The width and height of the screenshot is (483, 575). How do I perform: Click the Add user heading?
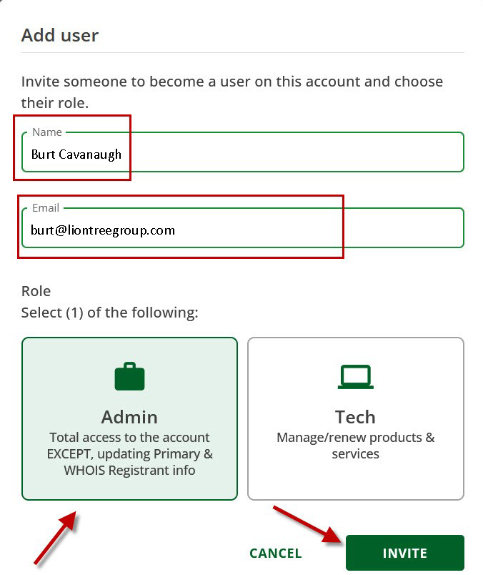(60, 35)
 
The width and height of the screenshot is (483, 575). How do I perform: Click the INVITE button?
(404, 553)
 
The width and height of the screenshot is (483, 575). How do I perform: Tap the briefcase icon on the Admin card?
(129, 376)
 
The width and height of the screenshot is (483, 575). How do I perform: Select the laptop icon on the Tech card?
(355, 376)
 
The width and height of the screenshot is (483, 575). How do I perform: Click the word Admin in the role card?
(129, 417)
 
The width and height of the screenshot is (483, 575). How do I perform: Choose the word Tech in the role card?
(355, 417)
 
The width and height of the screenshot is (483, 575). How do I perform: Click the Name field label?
(47, 132)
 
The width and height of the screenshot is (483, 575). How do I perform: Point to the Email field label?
(46, 208)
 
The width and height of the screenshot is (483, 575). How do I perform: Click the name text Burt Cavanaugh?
(76, 154)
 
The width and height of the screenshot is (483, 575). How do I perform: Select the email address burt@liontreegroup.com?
(103, 230)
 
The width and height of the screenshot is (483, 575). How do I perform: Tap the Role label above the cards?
(36, 291)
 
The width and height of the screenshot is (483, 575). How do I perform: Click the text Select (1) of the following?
(109, 313)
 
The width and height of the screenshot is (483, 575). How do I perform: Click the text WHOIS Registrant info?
(129, 471)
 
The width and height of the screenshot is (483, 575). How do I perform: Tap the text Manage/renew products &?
(355, 437)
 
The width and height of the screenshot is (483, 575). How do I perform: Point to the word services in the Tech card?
(355, 454)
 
